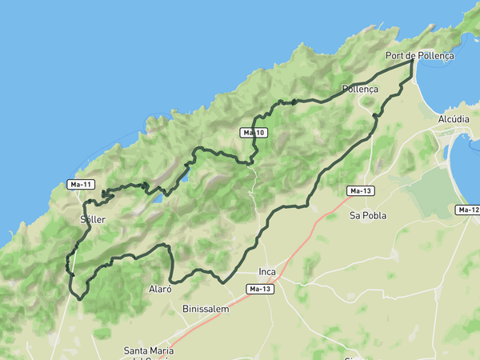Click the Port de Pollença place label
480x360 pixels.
pyautogui.click(x=419, y=56)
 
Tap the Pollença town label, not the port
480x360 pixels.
pyautogui.click(x=359, y=89)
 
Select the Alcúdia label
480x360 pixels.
pyautogui.click(x=454, y=118)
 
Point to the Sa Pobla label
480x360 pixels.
pyautogui.click(x=368, y=215)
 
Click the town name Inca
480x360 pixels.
pyautogui.click(x=267, y=271)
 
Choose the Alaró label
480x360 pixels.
pyautogui.click(x=160, y=289)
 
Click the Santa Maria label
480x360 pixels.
pyautogui.click(x=150, y=350)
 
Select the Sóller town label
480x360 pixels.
pyautogui.click(x=93, y=218)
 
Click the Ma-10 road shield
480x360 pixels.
pyautogui.click(x=254, y=132)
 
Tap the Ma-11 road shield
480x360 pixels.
pyautogui.click(x=82, y=185)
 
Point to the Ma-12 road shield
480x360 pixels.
pyautogui.click(x=468, y=210)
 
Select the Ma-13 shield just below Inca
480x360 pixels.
pyautogui.click(x=261, y=289)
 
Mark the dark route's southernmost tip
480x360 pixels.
pyautogui.click(x=80, y=298)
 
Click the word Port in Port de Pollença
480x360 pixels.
pyautogui.click(x=394, y=56)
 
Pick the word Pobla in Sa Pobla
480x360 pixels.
pyautogui.click(x=374, y=215)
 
